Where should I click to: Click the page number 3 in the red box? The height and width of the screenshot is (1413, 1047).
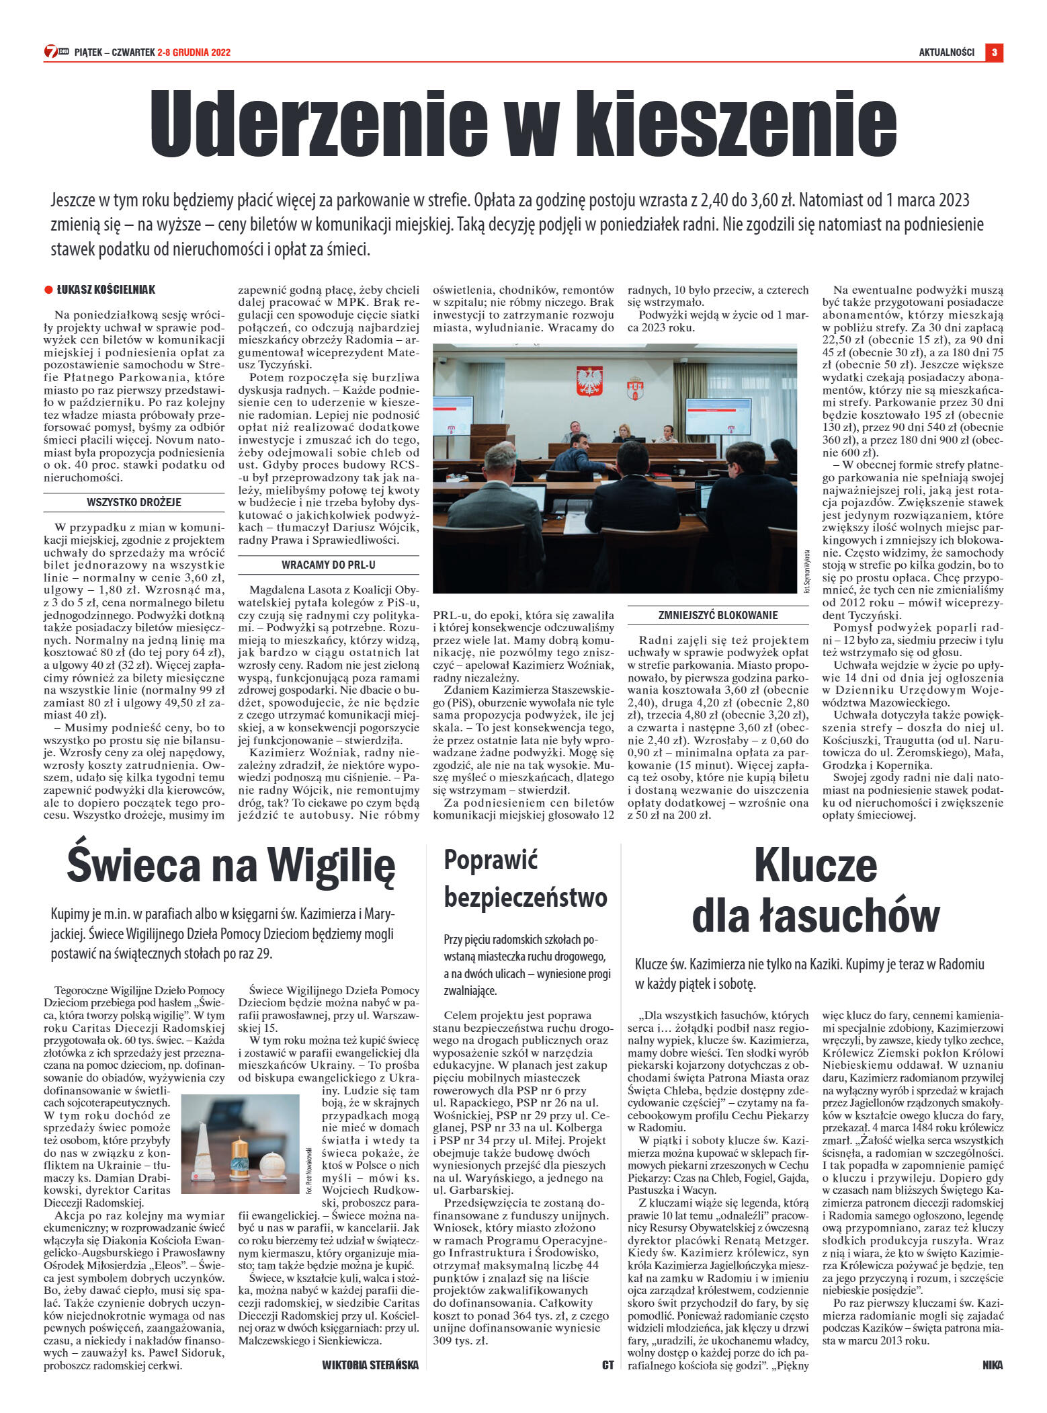pyautogui.click(x=994, y=52)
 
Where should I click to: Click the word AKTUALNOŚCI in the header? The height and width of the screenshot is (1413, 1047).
pyautogui.click(x=946, y=52)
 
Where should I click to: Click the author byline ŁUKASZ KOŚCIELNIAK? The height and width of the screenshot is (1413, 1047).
pyautogui.click(x=106, y=290)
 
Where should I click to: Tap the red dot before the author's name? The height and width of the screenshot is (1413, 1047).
pyautogui.click(x=48, y=290)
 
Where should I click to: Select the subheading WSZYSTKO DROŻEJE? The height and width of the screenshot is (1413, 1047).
pyautogui.click(x=134, y=502)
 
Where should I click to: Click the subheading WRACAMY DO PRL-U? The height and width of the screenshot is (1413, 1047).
pyautogui.click(x=328, y=565)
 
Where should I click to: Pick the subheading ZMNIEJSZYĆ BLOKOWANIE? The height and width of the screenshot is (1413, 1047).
pyautogui.click(x=718, y=614)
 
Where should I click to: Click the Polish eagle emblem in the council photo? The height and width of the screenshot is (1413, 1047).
pyautogui.click(x=589, y=380)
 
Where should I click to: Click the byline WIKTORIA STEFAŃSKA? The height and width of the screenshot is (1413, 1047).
pyautogui.click(x=370, y=1364)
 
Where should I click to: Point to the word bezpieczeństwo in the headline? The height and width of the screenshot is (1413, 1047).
pyautogui.click(x=526, y=897)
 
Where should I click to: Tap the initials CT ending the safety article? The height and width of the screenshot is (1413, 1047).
pyautogui.click(x=608, y=1364)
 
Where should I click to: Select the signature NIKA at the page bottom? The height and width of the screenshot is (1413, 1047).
pyautogui.click(x=992, y=1364)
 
